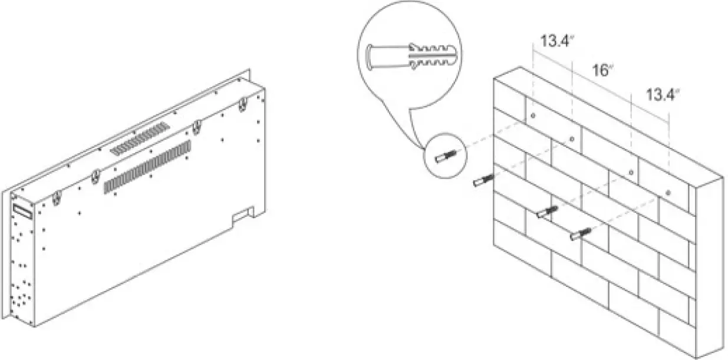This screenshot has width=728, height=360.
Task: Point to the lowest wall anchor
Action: (x=581, y=235)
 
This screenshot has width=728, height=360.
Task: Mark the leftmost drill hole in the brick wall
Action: (x=533, y=115)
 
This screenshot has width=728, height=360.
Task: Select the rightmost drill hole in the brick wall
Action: (x=668, y=192)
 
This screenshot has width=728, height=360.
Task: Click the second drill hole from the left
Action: (x=572, y=138)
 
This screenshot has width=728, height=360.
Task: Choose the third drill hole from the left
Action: (x=631, y=172)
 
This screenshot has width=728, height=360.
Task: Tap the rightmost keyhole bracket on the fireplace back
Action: (x=242, y=104)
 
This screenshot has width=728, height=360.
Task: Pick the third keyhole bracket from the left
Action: (x=198, y=126)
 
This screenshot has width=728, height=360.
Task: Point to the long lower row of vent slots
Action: (x=147, y=167)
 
